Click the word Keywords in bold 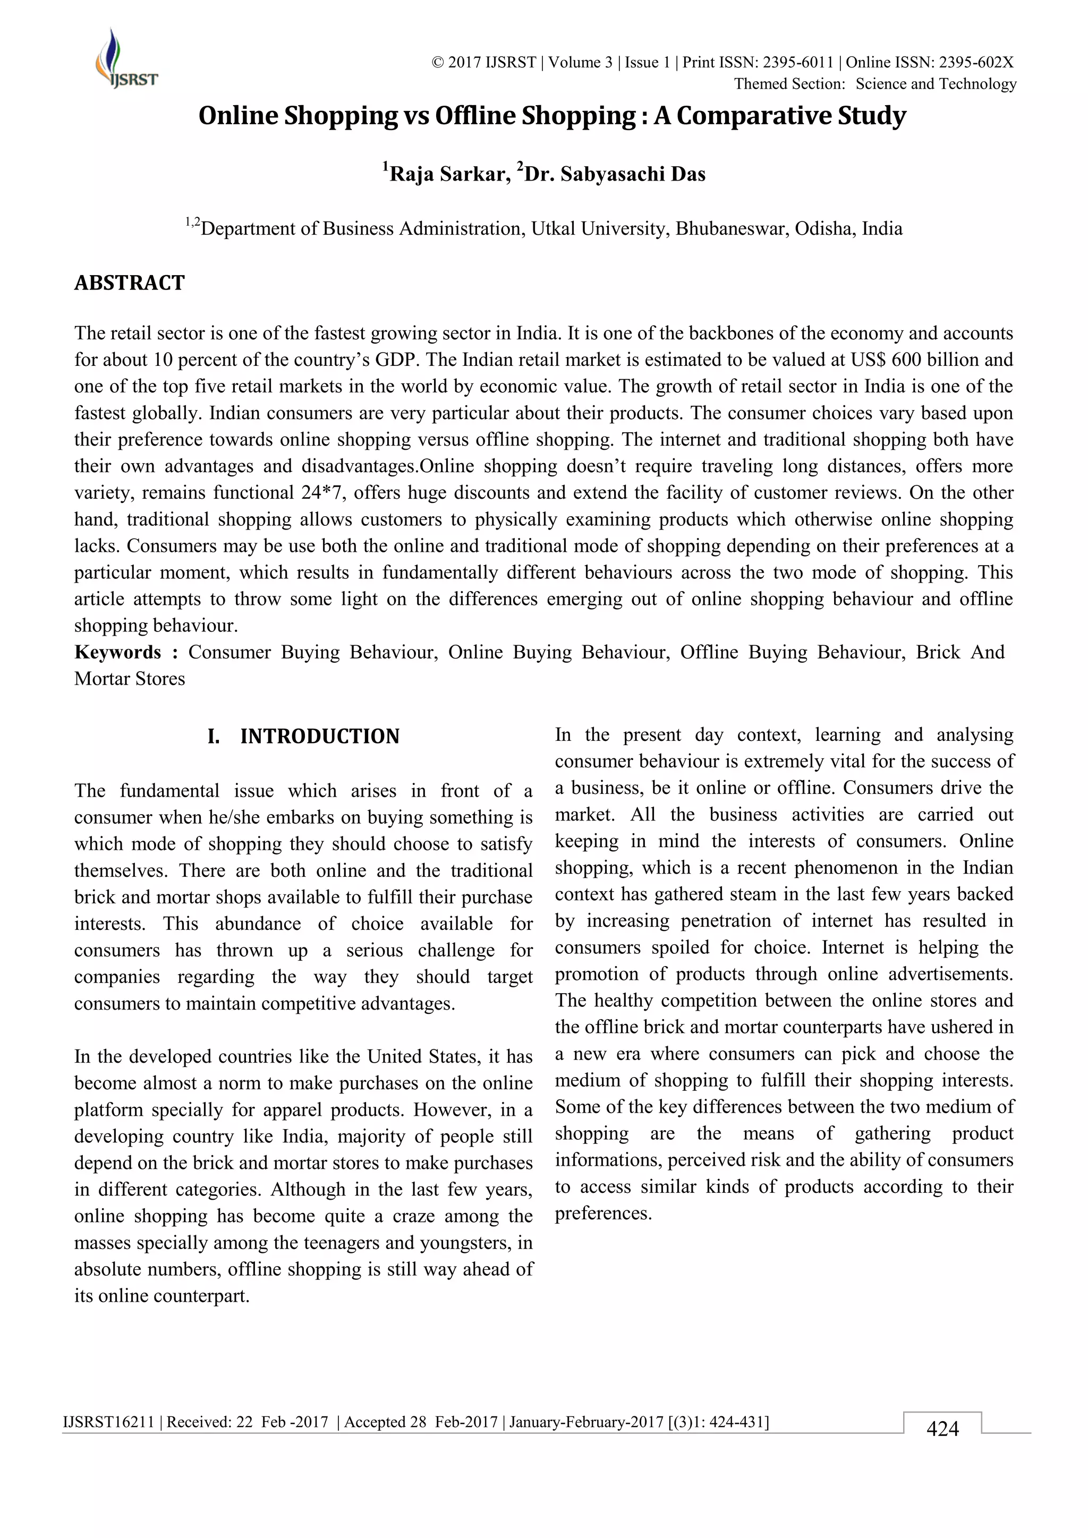point(118,653)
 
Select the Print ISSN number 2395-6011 point(798,63)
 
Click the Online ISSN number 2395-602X point(975,63)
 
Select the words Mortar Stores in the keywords point(130,679)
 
